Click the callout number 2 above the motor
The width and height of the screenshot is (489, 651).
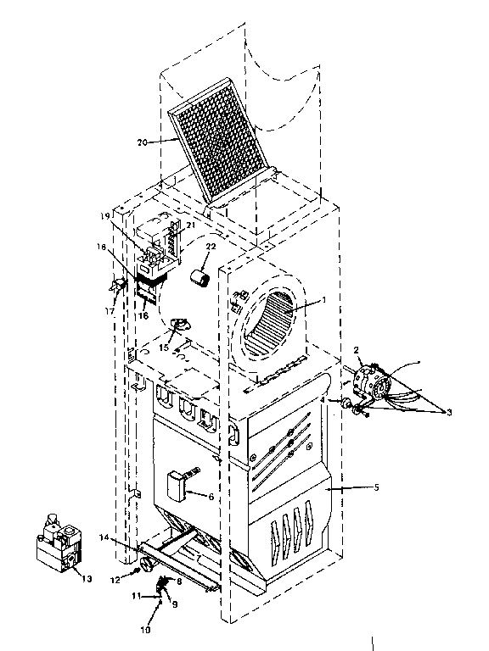tap(357, 349)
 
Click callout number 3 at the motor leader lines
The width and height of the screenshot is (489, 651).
tap(449, 411)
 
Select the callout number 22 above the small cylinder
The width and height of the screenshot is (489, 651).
tap(211, 247)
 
